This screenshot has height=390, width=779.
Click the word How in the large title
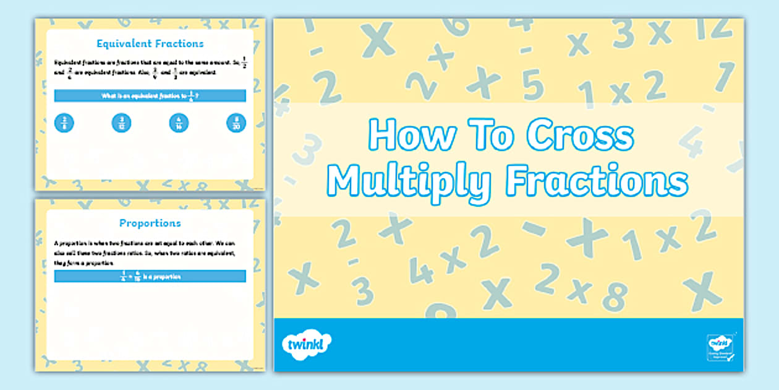[x=405, y=134]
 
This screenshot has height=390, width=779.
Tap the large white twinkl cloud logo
[x=307, y=344]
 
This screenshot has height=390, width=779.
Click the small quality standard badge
[x=719, y=345]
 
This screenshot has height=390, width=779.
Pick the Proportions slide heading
[x=150, y=223]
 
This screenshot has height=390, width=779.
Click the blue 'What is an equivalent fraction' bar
[x=150, y=96]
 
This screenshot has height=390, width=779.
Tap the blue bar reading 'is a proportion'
[x=150, y=277]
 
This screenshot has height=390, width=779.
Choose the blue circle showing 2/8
[x=64, y=123]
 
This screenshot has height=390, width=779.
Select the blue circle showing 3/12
[x=121, y=123]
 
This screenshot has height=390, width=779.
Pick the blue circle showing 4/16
[x=179, y=123]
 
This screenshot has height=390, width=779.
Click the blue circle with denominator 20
[x=236, y=123]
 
